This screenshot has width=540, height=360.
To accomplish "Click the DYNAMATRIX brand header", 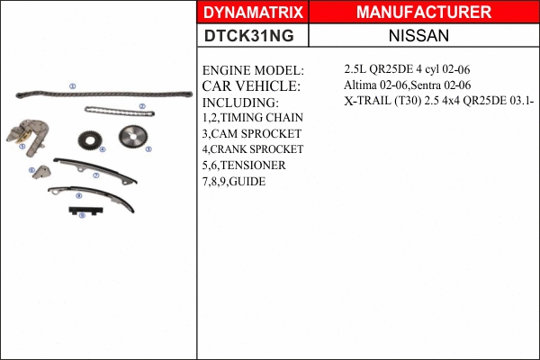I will point(253,13).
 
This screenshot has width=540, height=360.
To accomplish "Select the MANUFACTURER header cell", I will point(423,13).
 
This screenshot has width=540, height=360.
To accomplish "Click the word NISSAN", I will point(423,36).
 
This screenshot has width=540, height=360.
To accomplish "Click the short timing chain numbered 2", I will point(119,112).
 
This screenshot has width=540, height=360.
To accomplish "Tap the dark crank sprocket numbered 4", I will point(89,140).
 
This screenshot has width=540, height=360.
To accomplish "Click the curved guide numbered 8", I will point(90,196).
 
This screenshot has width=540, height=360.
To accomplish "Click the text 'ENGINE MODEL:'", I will point(253,70).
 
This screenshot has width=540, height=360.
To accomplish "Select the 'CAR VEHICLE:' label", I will point(250,86).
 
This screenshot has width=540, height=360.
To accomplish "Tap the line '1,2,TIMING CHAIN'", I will point(252,117).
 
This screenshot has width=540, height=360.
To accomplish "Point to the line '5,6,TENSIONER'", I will point(244,166).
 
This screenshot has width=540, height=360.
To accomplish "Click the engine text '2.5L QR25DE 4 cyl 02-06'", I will point(408,69).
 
